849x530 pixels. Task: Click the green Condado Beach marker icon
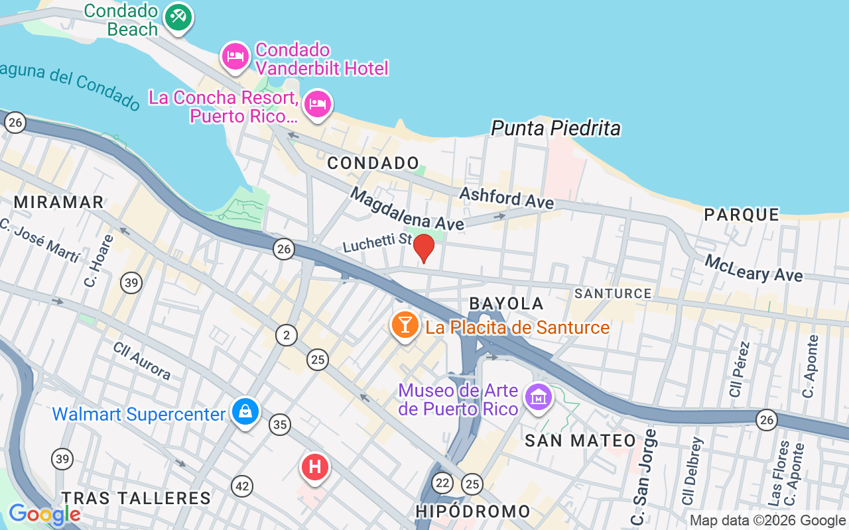point(177,17)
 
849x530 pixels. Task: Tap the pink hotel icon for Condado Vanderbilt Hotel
point(235,57)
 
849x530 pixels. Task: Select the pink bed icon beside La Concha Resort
point(318,104)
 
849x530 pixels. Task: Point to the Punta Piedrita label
point(556,128)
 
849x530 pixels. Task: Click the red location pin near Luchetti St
point(424,248)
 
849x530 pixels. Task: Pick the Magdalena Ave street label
point(407,209)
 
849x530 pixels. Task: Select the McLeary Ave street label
point(753,268)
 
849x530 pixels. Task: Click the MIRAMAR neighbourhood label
point(59,202)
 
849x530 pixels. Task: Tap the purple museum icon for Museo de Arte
point(538,397)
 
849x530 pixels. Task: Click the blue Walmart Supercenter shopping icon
point(246,412)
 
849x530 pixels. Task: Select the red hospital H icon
point(315,467)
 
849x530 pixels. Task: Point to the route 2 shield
point(287,335)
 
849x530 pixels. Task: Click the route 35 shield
point(280,425)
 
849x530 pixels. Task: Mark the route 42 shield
point(242,487)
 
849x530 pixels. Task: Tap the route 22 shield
point(442,482)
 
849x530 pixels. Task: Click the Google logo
point(44,514)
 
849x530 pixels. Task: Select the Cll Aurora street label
point(141,360)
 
